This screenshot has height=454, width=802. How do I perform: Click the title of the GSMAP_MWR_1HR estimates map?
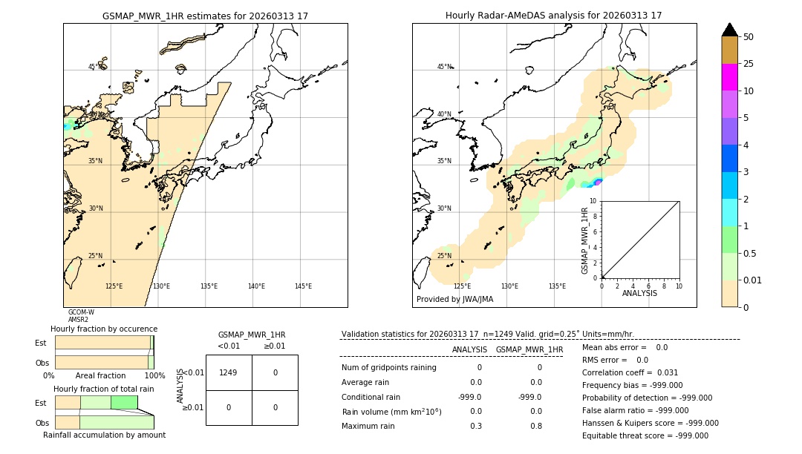[205, 16]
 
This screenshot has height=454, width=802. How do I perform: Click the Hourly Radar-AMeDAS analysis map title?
[553, 16]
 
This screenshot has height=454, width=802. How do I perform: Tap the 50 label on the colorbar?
[749, 37]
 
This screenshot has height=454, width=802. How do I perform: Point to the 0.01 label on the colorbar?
[753, 280]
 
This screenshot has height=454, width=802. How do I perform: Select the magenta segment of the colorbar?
[729, 77]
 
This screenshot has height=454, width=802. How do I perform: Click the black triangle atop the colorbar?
[729, 30]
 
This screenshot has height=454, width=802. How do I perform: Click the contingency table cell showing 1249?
[229, 372]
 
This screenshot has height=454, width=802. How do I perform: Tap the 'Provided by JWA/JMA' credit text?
[454, 300]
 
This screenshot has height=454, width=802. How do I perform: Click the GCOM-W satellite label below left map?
[81, 312]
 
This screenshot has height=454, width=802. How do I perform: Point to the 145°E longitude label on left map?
[303, 286]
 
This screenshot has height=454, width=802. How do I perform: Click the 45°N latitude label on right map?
[444, 67]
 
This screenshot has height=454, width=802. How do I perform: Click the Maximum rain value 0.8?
[535, 426]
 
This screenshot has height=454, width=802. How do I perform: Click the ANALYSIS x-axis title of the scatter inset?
[639, 293]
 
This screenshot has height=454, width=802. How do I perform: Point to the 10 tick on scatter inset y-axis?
[593, 201]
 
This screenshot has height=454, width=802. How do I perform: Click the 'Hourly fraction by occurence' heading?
[104, 329]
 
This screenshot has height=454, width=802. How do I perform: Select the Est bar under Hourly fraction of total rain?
[97, 402]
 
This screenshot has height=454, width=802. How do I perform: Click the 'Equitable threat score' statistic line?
[645, 435]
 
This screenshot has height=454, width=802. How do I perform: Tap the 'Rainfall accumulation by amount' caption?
[104, 435]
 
